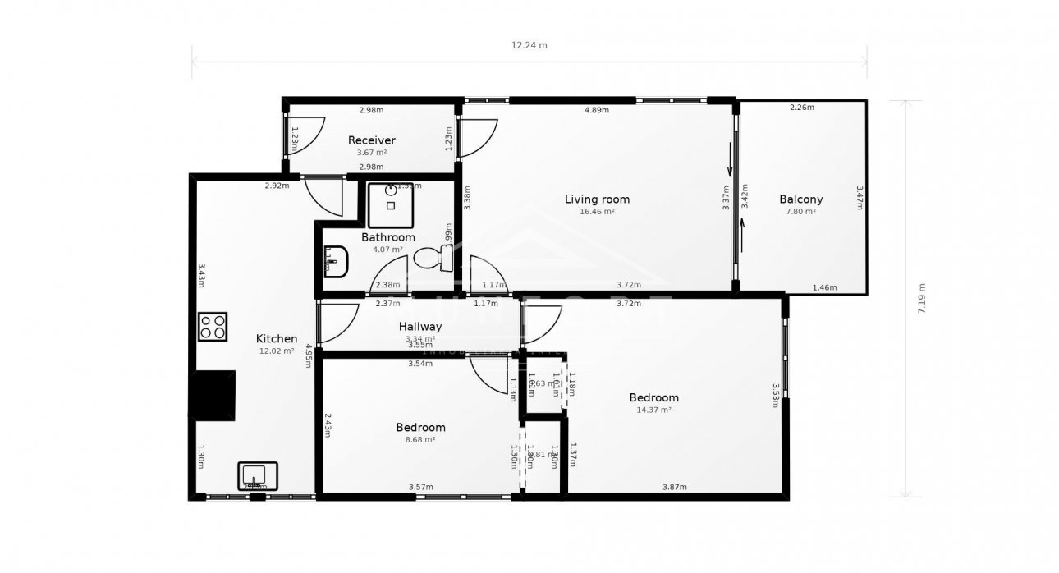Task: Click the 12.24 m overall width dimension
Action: coord(529,45)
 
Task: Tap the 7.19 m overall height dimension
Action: coord(922,298)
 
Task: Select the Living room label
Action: coord(597,199)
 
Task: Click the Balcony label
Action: coord(800,199)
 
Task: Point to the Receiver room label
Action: coord(371,140)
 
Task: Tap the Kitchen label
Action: coord(277,338)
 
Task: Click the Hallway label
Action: coord(420,327)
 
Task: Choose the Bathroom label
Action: coord(388,237)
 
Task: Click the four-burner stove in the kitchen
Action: coord(212,327)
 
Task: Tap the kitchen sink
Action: coord(258,476)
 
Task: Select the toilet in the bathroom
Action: coord(432,259)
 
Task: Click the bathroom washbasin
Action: coord(337,262)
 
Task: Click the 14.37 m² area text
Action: coord(653,410)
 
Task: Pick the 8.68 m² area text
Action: coord(420,439)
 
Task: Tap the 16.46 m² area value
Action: coord(597,211)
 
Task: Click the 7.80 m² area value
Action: coord(800,211)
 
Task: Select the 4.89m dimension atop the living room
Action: coord(596,110)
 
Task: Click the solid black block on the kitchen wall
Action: coord(214,396)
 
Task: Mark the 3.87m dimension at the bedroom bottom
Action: coord(674,488)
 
